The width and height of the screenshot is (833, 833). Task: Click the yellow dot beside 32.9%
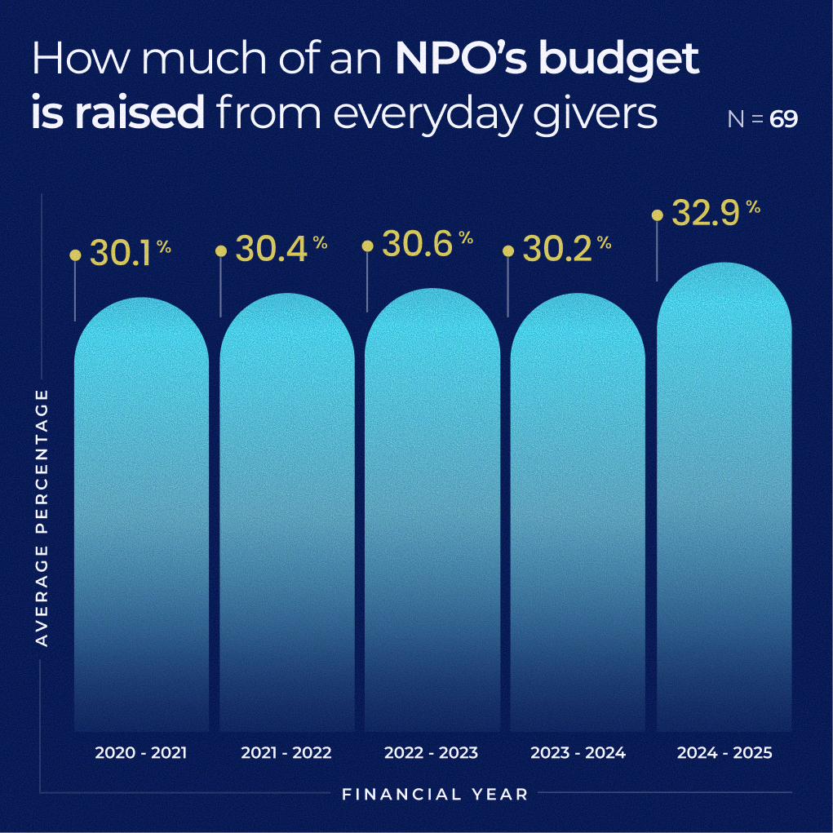[x=657, y=215]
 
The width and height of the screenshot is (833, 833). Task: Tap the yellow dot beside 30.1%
[x=75, y=255]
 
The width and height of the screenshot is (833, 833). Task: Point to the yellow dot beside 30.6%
[x=367, y=246]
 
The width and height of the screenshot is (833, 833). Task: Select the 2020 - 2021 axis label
[x=141, y=753]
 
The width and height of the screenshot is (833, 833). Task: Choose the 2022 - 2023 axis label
[x=432, y=753]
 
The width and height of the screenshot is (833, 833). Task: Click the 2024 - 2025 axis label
[x=724, y=753]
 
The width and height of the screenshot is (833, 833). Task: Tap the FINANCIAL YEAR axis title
[x=435, y=794]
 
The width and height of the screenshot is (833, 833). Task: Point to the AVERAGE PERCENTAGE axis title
[x=42, y=518]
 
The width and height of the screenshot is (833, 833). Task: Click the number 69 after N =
[x=783, y=120]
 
